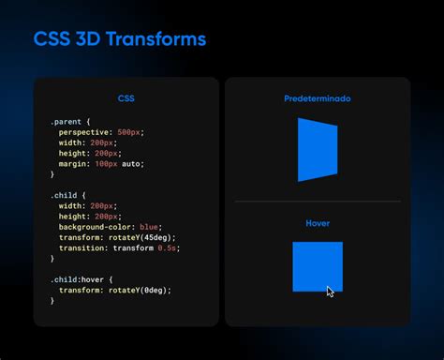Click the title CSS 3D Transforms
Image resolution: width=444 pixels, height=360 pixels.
tap(120, 40)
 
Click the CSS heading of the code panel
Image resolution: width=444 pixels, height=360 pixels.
tap(126, 98)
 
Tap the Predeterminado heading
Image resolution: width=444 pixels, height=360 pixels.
tap(317, 98)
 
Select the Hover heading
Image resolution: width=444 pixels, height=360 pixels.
tap(318, 223)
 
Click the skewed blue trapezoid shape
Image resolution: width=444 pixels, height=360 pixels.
tap(317, 149)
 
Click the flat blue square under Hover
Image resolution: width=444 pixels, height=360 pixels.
tap(317, 265)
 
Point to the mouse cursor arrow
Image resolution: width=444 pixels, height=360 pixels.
tap(330, 292)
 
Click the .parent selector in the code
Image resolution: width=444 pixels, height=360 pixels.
tap(69, 122)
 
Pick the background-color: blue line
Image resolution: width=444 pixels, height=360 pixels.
tap(111, 227)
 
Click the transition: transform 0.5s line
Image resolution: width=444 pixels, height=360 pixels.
tap(118, 247)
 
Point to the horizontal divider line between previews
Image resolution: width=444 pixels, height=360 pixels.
tap(317, 202)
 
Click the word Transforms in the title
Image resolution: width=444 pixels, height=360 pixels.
tap(155, 40)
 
